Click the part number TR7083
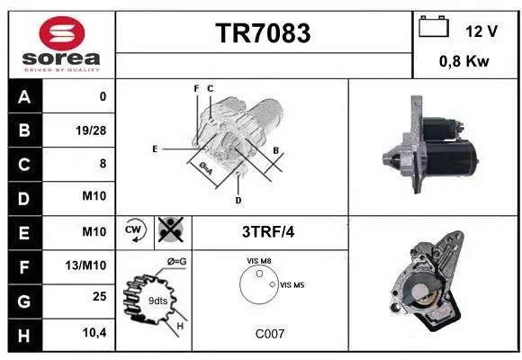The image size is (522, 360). coord(264,33)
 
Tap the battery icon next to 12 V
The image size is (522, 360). coord(434,29)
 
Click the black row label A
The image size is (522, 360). coord(24,96)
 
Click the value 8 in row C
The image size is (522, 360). coord(102,164)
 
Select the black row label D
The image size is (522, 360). coord(24,197)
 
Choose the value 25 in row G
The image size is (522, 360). coord(98,296)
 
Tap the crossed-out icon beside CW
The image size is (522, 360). coord(168,230)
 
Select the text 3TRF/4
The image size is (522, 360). coord(267,231)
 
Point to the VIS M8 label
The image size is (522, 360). coord(258,261)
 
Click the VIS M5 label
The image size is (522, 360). coord(292,285)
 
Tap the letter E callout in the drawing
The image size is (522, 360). coord(155,148)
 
